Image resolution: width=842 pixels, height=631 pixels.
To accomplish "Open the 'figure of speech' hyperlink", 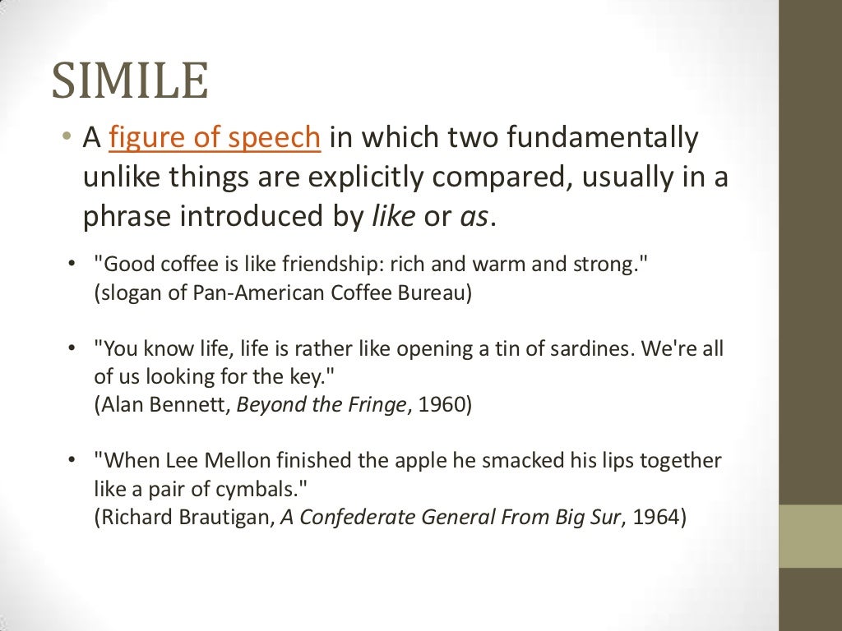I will click(x=214, y=138).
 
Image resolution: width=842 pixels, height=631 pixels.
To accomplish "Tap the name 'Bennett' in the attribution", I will click(x=194, y=405).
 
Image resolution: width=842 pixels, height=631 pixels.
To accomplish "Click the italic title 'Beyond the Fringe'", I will click(x=321, y=405).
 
